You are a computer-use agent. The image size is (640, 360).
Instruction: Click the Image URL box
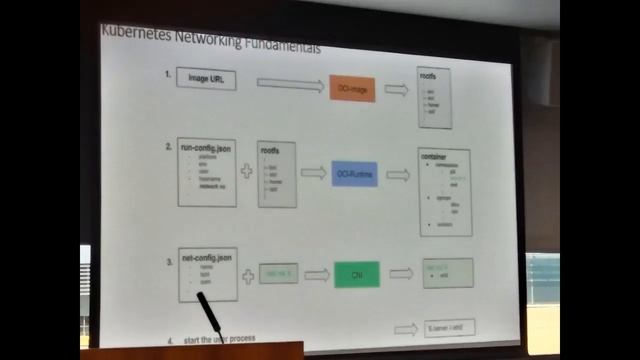pyautogui.click(x=206, y=79)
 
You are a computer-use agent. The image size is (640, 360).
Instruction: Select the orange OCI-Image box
pyautogui.click(x=352, y=88)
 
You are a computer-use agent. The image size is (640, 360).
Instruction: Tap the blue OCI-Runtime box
pyautogui.click(x=354, y=172)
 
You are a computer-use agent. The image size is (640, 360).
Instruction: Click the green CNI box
pyautogui.click(x=357, y=273)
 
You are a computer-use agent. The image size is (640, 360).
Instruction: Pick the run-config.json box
pyautogui.click(x=207, y=172)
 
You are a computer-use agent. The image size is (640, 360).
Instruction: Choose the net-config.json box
pyautogui.click(x=207, y=273)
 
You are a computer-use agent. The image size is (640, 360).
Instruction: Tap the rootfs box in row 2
pyautogui.click(x=276, y=173)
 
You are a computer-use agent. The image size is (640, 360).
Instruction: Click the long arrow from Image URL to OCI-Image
pyautogui.click(x=290, y=84)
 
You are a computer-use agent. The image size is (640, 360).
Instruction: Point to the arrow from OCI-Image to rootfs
pyautogui.click(x=396, y=89)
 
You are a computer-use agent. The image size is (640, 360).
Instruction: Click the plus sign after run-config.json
pyautogui.click(x=246, y=171)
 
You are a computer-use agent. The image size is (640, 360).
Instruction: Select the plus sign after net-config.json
pyautogui.click(x=247, y=274)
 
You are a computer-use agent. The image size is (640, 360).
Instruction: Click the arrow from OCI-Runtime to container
pyautogui.click(x=397, y=174)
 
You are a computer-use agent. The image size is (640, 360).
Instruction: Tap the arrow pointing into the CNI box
pyautogui.click(x=316, y=274)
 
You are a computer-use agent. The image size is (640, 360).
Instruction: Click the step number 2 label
pyautogui.click(x=169, y=147)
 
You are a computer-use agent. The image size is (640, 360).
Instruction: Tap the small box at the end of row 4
pyautogui.click(x=449, y=327)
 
